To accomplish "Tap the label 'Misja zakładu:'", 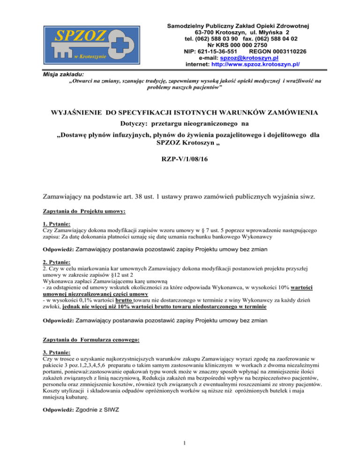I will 48,74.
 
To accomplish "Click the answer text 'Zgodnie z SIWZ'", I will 97,409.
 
